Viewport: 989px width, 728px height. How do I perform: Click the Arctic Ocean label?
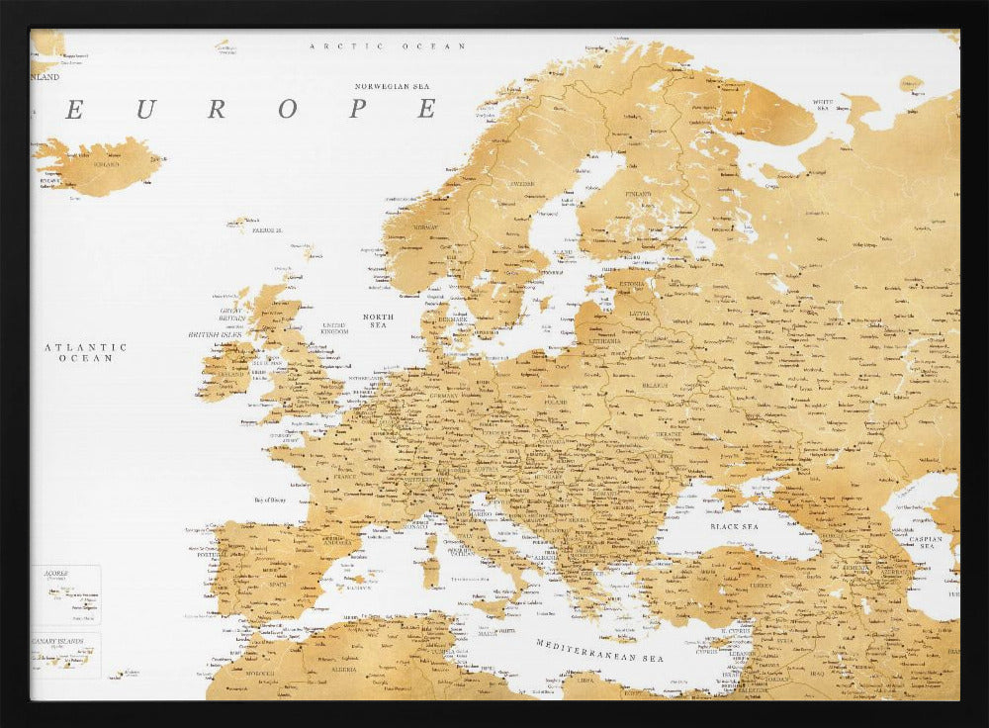tap(387, 46)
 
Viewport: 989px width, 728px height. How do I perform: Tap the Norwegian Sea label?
tap(395, 86)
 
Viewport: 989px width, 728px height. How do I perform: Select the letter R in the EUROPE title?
tap(217, 110)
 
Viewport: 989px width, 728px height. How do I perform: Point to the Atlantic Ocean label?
tap(86, 352)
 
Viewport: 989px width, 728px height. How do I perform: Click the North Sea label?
tap(378, 320)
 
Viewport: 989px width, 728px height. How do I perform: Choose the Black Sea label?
tap(734, 526)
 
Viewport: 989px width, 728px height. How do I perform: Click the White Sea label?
tap(823, 103)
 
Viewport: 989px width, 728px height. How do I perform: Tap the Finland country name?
tap(638, 194)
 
